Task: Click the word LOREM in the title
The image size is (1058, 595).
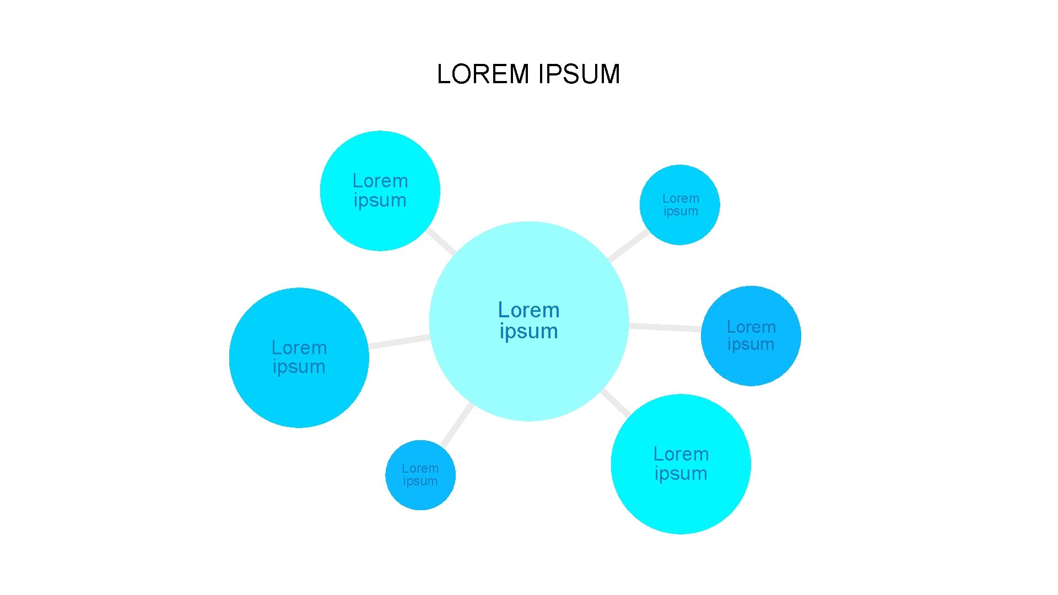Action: tap(483, 74)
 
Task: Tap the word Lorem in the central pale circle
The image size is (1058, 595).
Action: tap(528, 310)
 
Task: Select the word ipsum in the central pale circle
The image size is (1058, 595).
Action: tap(528, 332)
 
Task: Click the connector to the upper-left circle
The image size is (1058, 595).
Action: tap(441, 241)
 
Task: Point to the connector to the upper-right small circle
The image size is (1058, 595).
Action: tap(628, 245)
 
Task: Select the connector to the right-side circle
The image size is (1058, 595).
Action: tap(665, 327)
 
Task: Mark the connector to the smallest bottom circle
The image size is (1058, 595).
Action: tap(457, 425)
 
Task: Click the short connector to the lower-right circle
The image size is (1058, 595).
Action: tap(616, 402)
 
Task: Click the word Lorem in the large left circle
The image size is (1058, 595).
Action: tap(299, 348)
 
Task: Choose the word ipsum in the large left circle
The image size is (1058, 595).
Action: tap(299, 367)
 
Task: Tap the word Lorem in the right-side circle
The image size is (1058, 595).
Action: tap(751, 327)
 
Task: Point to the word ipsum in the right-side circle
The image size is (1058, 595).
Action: tap(751, 345)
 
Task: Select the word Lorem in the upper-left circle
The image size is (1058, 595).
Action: tap(380, 181)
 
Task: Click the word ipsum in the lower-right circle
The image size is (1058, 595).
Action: tap(681, 474)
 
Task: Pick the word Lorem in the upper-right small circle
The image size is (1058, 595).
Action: tap(681, 198)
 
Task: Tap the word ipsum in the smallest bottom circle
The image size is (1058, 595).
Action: tap(420, 482)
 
